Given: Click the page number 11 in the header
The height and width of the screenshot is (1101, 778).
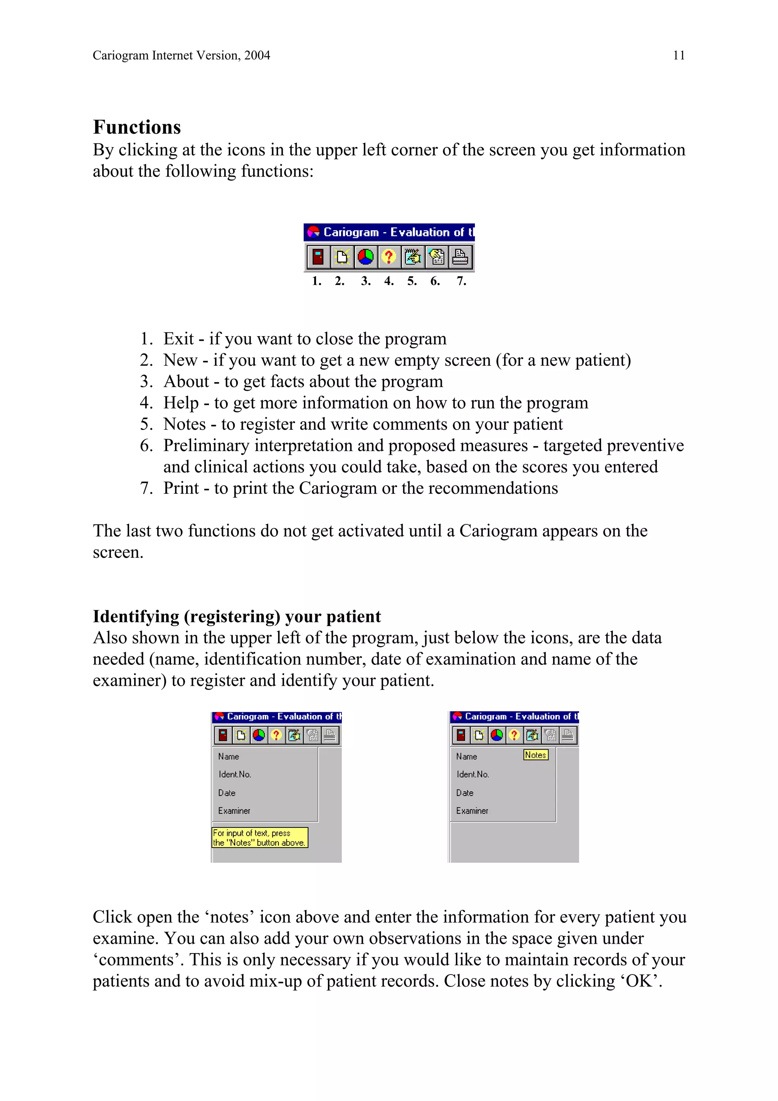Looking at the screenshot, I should (x=678, y=55).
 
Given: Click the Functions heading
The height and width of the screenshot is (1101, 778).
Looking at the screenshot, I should (x=137, y=127).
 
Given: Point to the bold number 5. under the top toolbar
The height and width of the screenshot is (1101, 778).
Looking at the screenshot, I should (x=412, y=281).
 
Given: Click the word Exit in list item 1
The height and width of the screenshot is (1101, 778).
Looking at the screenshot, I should (x=178, y=339).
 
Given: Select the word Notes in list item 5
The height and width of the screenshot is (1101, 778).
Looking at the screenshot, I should (x=184, y=424).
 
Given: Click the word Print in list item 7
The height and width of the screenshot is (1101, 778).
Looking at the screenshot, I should (x=181, y=488).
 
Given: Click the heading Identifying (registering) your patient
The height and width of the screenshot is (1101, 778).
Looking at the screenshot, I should (x=237, y=616).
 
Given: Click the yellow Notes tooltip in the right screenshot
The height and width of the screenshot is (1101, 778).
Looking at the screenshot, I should (x=535, y=755).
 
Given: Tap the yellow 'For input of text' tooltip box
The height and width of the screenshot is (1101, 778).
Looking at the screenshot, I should (x=259, y=838).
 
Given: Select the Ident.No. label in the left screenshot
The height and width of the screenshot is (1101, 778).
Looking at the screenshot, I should (x=234, y=774).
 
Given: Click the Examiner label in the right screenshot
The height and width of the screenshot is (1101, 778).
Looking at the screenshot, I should (x=472, y=811).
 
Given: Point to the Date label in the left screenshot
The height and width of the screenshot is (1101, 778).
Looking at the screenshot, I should (x=226, y=793).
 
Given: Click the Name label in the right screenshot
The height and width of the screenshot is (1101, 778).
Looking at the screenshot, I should (x=466, y=757).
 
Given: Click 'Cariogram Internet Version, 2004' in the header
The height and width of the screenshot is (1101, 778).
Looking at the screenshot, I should (x=181, y=55).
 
